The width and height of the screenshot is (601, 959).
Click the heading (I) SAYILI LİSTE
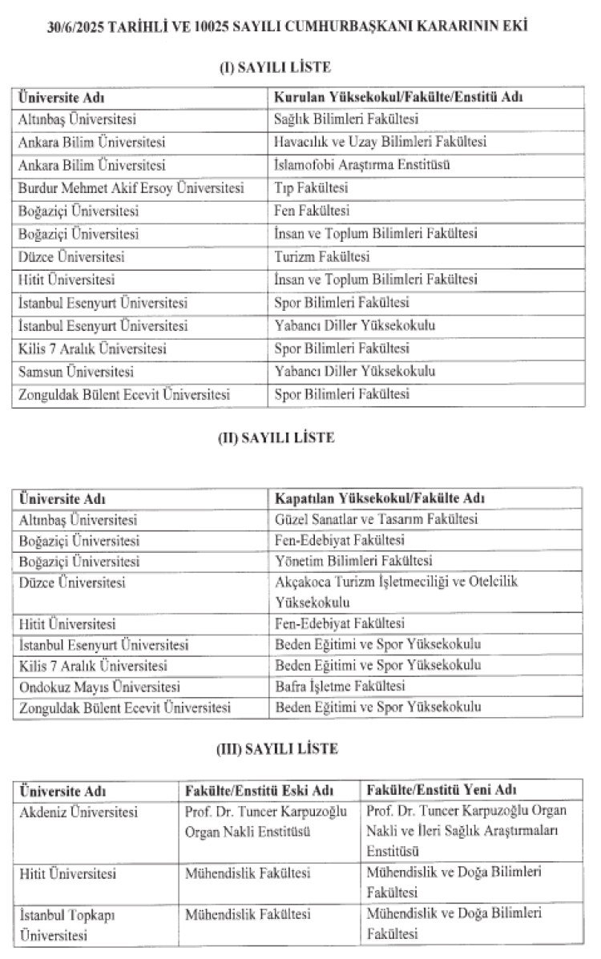click(x=275, y=67)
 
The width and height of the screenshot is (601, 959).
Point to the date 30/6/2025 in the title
click(x=74, y=27)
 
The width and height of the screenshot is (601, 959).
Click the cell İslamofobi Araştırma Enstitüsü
click(x=361, y=166)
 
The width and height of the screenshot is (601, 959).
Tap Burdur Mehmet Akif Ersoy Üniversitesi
click(x=131, y=189)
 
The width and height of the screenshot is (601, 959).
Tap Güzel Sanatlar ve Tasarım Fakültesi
click(x=377, y=519)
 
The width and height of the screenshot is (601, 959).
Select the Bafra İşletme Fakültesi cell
click(x=340, y=687)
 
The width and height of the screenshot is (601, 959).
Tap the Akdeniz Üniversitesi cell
click(x=79, y=812)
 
